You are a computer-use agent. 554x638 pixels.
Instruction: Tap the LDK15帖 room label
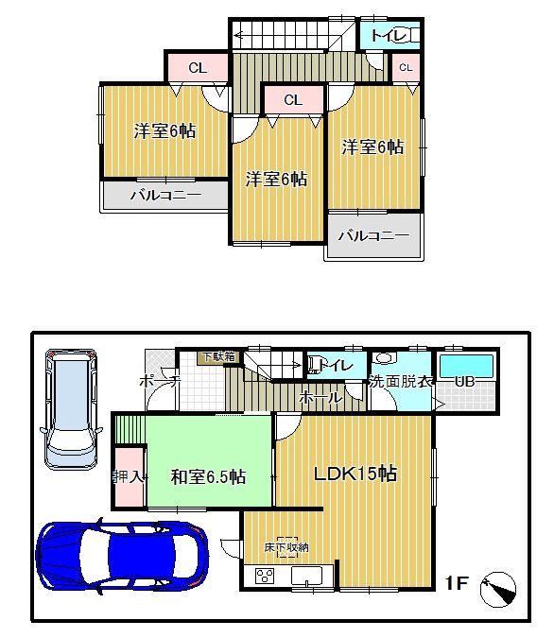[x=355, y=474]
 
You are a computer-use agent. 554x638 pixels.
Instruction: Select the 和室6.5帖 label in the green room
[x=208, y=477]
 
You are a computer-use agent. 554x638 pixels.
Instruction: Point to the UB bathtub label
[x=464, y=382]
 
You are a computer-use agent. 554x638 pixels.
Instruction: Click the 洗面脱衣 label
[x=401, y=382]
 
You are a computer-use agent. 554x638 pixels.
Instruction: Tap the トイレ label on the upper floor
[x=388, y=37]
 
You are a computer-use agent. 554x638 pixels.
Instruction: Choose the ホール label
[x=320, y=399]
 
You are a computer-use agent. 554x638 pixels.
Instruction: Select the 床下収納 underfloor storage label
[x=286, y=547]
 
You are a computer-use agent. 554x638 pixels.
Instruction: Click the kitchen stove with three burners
[x=265, y=576]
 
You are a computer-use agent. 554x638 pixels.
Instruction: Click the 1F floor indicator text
[x=457, y=584]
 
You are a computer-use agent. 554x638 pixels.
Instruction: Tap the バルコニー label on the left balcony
[x=164, y=195]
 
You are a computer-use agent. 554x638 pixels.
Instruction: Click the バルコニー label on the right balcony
[x=372, y=235]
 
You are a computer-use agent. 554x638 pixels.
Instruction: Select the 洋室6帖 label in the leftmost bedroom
[x=164, y=131]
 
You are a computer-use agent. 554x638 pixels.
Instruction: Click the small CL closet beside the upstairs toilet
[x=405, y=67]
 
